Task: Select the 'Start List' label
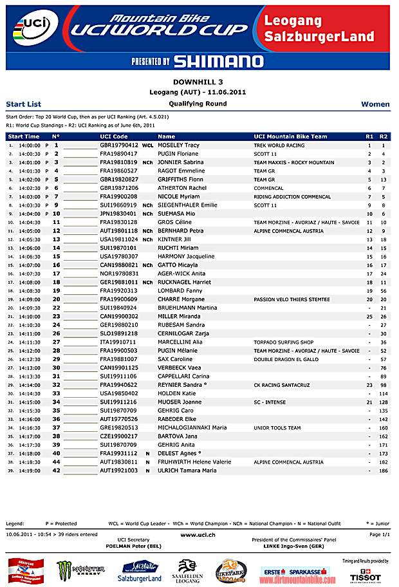23,104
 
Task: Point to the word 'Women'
375,104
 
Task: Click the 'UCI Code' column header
114,136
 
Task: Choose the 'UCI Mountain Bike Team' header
290,136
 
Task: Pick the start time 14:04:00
30,213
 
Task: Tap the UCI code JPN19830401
118,213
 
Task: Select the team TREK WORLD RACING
279,145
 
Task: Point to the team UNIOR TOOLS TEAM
277,427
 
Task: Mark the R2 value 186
384,471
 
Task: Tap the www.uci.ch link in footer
198,534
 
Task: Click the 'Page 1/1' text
379,534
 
